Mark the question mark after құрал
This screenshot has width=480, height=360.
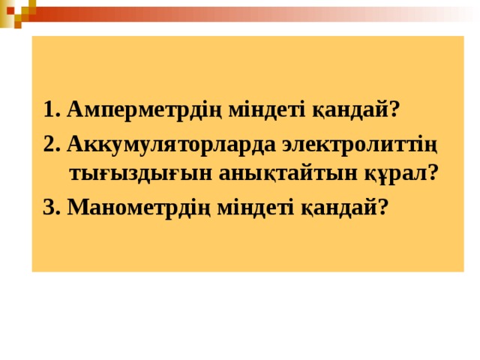click(433, 172)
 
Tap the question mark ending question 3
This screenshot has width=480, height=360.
click(384, 206)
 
